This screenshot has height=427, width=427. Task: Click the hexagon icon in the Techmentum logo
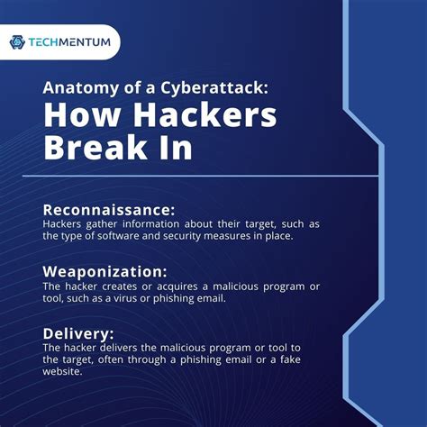coord(17,41)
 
